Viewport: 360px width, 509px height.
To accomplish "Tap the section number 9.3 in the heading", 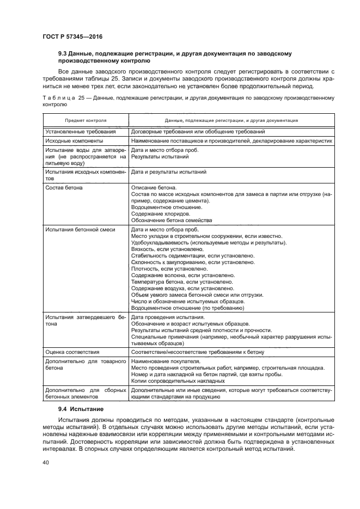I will (x=63, y=54).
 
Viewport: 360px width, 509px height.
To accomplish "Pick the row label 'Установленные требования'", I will (x=81, y=132).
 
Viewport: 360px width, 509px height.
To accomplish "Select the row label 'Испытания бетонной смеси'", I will (x=80, y=230).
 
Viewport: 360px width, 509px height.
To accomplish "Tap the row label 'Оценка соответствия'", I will (x=72, y=352).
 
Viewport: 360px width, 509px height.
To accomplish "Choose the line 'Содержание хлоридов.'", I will (x=159, y=214).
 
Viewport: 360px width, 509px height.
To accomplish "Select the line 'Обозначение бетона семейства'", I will (x=172, y=220).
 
